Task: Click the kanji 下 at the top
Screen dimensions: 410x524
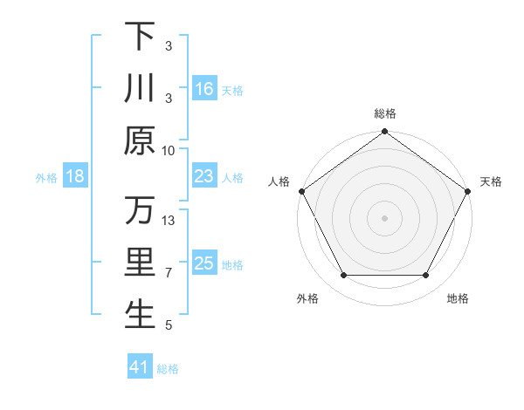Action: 140,37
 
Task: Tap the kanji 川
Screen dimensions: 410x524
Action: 140,89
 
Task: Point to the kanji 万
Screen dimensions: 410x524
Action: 140,211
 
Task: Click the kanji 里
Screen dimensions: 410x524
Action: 140,263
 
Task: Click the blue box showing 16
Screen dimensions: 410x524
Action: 204,89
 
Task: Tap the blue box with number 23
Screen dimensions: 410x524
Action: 204,176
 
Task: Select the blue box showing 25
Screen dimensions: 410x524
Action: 204,263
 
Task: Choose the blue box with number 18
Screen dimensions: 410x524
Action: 75,176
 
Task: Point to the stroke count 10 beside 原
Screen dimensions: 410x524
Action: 169,150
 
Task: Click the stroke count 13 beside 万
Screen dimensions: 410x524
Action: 169,221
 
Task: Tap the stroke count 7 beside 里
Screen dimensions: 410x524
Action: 169,273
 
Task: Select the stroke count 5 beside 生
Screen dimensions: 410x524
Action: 169,325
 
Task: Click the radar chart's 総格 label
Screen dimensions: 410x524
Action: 384,113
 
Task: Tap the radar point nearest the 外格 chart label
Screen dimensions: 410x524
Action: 343,276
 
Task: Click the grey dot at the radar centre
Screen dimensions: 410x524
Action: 384,217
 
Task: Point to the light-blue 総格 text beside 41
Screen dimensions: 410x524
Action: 168,369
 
